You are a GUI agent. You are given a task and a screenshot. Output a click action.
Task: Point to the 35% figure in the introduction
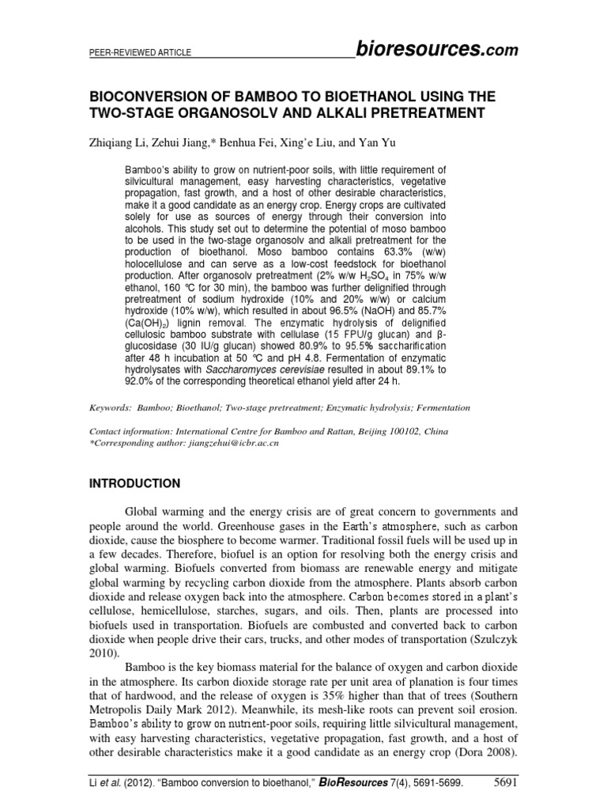tap(313, 702)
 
